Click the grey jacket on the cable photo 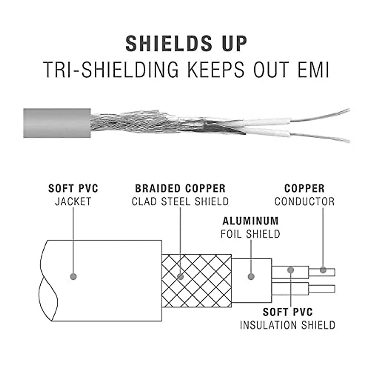[57, 123]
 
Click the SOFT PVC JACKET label [73, 195]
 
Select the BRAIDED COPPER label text [180, 188]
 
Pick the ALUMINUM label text [250, 221]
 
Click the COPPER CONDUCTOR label [304, 195]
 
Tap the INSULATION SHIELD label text [287, 325]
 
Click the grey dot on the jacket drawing [73, 276]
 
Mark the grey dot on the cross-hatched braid [181, 276]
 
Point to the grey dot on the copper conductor [323, 270]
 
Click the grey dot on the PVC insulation [290, 270]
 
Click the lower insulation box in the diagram [290, 289]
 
